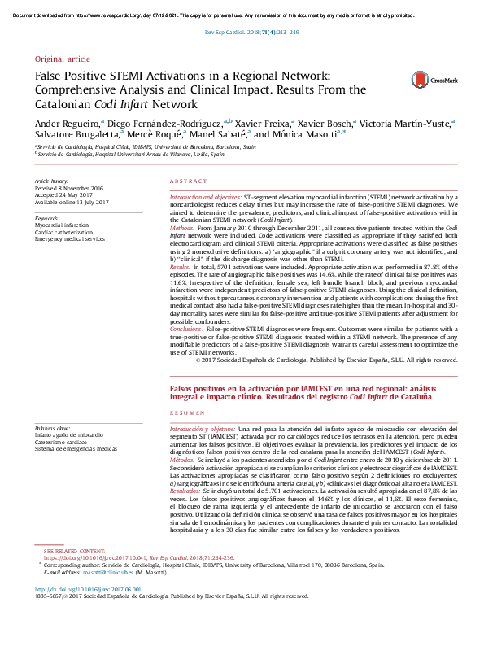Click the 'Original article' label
click(x=62, y=60)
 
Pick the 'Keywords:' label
click(x=47, y=219)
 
